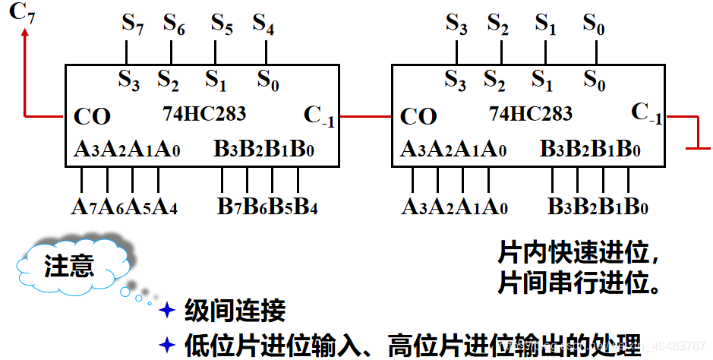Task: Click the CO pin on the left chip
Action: tap(92, 117)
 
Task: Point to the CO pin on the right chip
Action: tap(418, 117)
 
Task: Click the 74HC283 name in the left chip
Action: tap(204, 114)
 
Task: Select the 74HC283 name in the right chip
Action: tap(531, 114)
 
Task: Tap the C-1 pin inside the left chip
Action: tap(319, 115)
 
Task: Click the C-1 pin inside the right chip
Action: tap(646, 114)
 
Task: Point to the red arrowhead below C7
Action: tap(26, 33)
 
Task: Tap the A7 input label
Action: tap(80, 206)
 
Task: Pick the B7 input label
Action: tap(226, 206)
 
